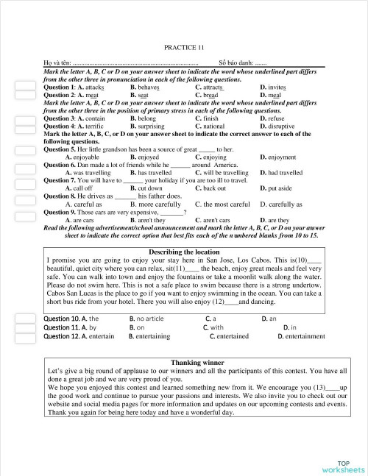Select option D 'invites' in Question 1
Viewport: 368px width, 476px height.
(273, 87)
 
